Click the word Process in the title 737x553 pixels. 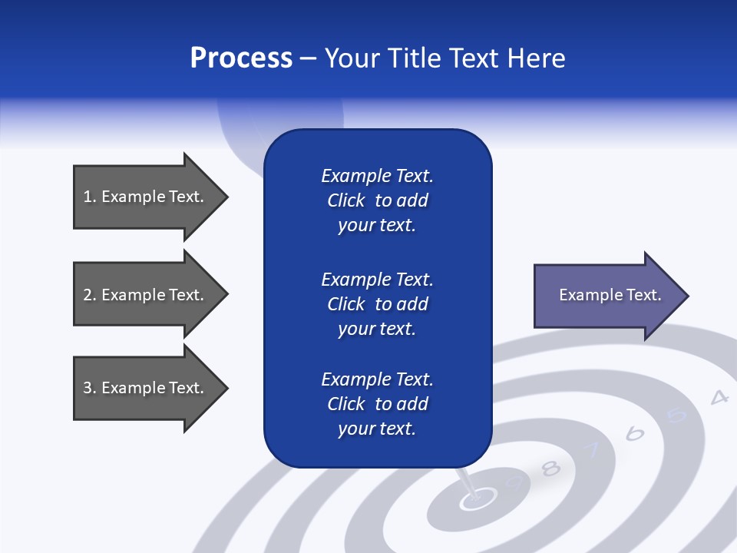click(241, 58)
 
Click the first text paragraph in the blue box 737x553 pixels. click(377, 200)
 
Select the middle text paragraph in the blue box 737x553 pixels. click(377, 304)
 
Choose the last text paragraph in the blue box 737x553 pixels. click(377, 404)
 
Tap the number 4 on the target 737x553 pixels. click(719, 397)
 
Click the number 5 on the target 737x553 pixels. click(676, 416)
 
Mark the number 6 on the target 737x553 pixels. click(635, 434)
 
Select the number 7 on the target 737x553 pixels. click(593, 452)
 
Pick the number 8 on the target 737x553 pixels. click(551, 469)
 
